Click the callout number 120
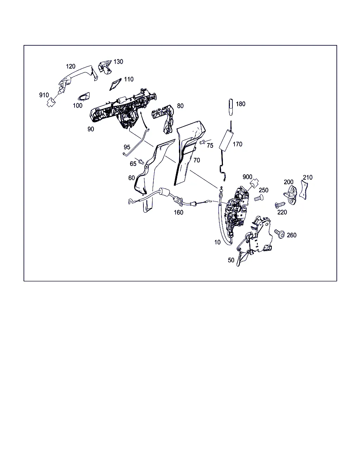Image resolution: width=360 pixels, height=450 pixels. (71, 66)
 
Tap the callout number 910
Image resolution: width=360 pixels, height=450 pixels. (44, 95)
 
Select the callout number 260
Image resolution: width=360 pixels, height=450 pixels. (291, 235)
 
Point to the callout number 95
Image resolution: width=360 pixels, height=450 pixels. (127, 147)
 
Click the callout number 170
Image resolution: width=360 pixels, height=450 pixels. (237, 144)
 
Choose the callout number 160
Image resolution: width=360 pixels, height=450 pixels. (179, 212)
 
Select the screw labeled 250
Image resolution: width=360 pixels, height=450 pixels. (259, 198)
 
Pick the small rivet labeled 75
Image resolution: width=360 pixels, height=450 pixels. (202, 142)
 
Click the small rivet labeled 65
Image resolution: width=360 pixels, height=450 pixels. (141, 161)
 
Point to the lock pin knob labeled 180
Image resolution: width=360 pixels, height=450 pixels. (231, 107)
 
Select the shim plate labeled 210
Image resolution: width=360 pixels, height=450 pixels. (303, 190)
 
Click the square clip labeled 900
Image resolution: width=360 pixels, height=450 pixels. (254, 183)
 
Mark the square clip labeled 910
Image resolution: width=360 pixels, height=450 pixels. (51, 102)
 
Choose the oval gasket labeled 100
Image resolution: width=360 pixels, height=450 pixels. (84, 97)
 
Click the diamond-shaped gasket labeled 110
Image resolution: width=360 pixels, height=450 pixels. (115, 84)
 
